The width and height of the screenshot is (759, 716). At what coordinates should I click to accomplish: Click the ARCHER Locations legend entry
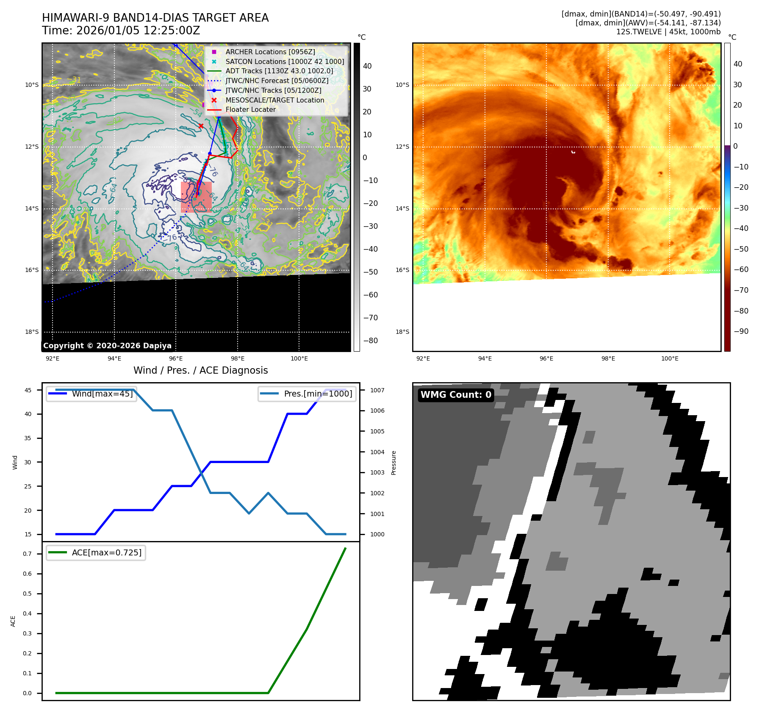270,52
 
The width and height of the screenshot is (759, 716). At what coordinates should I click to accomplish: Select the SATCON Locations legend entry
285,61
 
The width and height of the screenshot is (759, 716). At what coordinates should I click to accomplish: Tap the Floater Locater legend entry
250,109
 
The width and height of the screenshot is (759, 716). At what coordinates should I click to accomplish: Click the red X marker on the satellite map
201,126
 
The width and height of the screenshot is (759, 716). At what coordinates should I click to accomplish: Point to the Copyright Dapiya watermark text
108,346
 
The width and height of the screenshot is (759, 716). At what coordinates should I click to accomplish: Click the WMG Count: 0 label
456,395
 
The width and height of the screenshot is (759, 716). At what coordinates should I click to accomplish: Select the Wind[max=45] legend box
91,394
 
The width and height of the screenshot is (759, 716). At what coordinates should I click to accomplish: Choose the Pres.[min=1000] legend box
307,394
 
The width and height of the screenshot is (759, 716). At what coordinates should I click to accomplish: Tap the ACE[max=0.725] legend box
96,552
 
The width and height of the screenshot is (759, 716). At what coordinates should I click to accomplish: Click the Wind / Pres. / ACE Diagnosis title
201,370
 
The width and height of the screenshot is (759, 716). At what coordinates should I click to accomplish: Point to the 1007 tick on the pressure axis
377,390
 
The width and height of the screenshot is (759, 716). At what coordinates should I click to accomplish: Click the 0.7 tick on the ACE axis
28,554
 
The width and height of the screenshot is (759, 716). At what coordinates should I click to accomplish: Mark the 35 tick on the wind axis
28,438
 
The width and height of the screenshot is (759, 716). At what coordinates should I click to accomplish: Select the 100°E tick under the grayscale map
299,358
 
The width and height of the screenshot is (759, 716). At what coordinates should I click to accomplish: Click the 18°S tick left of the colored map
402,332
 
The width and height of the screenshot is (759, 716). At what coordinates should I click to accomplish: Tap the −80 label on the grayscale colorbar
370,341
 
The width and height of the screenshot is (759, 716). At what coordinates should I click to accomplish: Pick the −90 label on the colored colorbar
741,331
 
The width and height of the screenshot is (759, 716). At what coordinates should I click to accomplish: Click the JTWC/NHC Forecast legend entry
277,80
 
